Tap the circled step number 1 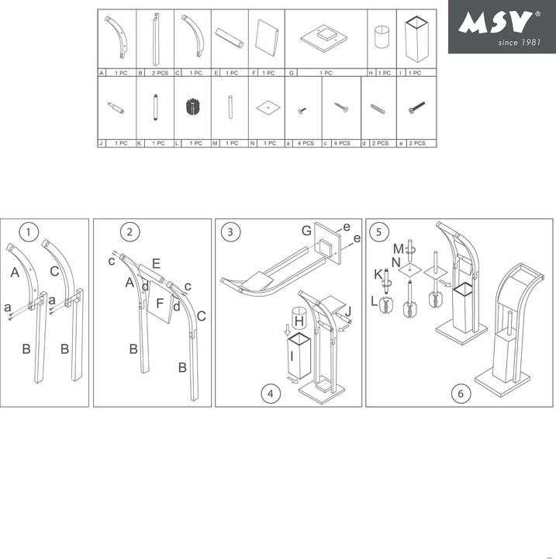[x=29, y=231]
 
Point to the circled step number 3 [x=230, y=231]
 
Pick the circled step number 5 [x=379, y=231]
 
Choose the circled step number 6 [x=460, y=394]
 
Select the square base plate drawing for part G [x=325, y=36]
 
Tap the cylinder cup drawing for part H [x=381, y=38]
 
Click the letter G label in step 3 [x=306, y=231]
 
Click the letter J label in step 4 [x=348, y=311]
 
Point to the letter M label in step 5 [x=398, y=248]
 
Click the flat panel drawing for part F [x=266, y=36]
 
